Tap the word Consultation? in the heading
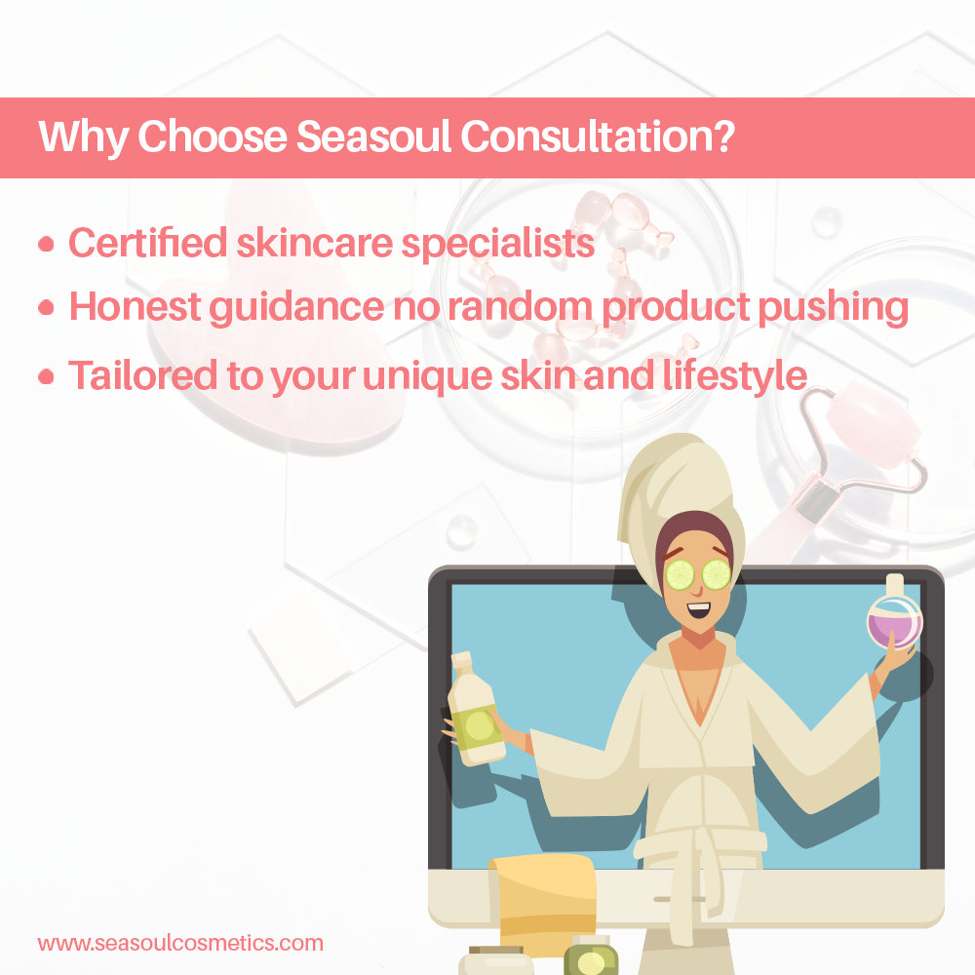(597, 138)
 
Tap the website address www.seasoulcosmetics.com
(180, 943)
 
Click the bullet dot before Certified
(46, 245)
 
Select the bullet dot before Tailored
(46, 377)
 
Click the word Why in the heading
(82, 138)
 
